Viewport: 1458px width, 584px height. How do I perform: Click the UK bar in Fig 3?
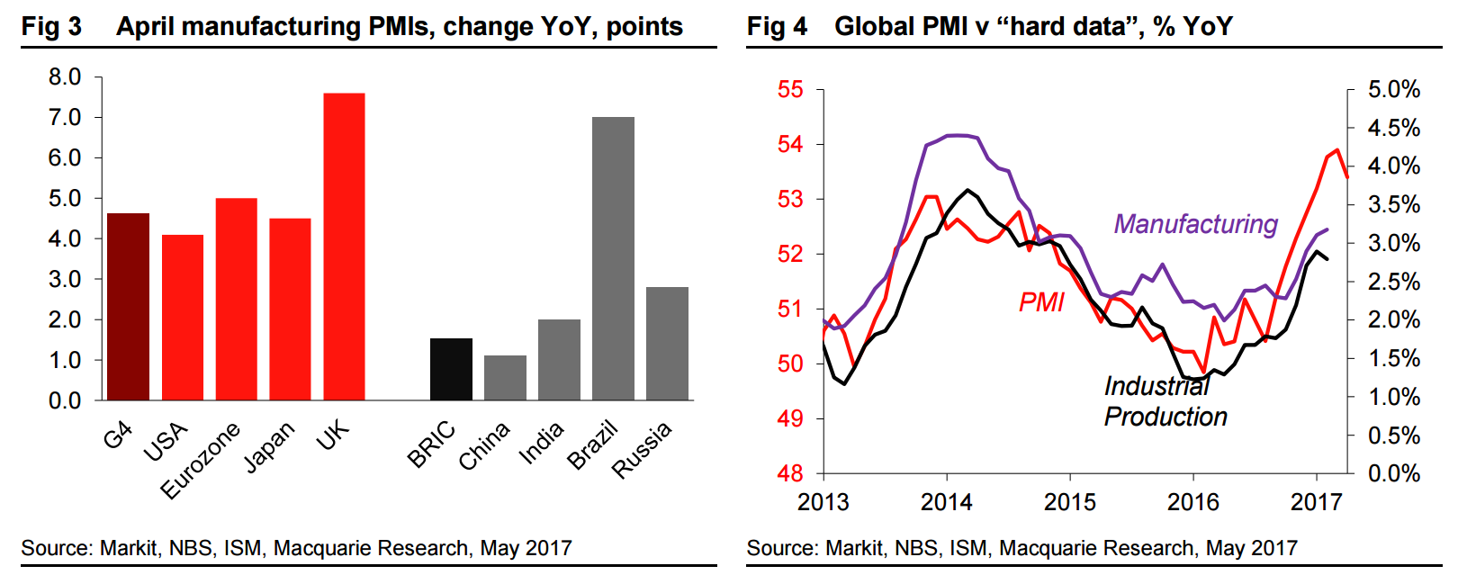pyautogui.click(x=344, y=247)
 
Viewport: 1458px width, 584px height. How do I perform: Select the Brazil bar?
pyautogui.click(x=613, y=258)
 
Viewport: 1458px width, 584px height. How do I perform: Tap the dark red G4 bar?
pyautogui.click(x=128, y=307)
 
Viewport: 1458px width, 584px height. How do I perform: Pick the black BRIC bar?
pyautogui.click(x=451, y=369)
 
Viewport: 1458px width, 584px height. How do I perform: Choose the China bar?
pyautogui.click(x=505, y=378)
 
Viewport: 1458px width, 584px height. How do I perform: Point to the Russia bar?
pyautogui.click(x=667, y=344)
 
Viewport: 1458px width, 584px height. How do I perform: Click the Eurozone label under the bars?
pyautogui.click(x=201, y=460)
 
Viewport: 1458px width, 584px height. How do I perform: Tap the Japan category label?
pyautogui.click(x=269, y=446)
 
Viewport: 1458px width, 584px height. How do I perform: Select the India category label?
pyautogui.click(x=541, y=443)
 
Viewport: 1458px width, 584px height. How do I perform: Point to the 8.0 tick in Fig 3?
pyautogui.click(x=65, y=77)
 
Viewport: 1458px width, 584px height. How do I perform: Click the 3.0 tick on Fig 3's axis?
pyautogui.click(x=65, y=279)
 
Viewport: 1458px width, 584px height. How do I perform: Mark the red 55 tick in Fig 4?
pyautogui.click(x=790, y=89)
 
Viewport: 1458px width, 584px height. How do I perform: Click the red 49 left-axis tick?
pyautogui.click(x=790, y=418)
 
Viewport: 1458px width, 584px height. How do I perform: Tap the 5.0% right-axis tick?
pyautogui.click(x=1393, y=89)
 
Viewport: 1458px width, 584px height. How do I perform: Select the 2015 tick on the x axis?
pyautogui.click(x=1070, y=502)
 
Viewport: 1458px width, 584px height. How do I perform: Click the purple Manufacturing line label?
pyautogui.click(x=1195, y=224)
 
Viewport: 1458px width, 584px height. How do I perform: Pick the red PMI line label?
pyautogui.click(x=1041, y=302)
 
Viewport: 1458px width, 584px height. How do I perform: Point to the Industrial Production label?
pyautogui.click(x=1165, y=401)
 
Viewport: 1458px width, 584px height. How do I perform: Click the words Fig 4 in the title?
pyautogui.click(x=776, y=26)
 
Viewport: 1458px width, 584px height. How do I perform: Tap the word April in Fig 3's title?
pyautogui.click(x=148, y=27)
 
